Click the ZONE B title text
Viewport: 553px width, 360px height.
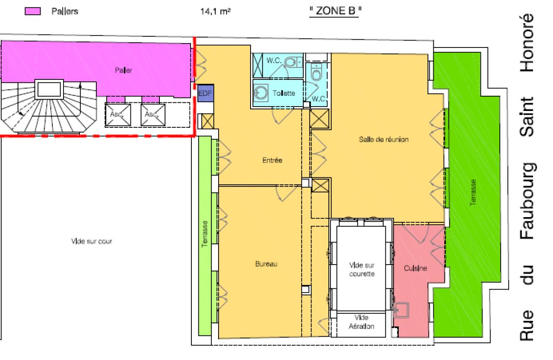335,12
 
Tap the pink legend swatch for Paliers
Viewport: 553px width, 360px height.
34,12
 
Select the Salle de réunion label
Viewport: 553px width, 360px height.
383,139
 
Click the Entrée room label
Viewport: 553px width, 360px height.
272,161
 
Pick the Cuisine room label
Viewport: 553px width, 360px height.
416,268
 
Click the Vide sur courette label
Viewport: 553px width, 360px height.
361,270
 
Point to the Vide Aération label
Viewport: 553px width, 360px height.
361,322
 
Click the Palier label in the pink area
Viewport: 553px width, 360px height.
123,70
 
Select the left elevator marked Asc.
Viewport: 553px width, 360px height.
116,115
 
